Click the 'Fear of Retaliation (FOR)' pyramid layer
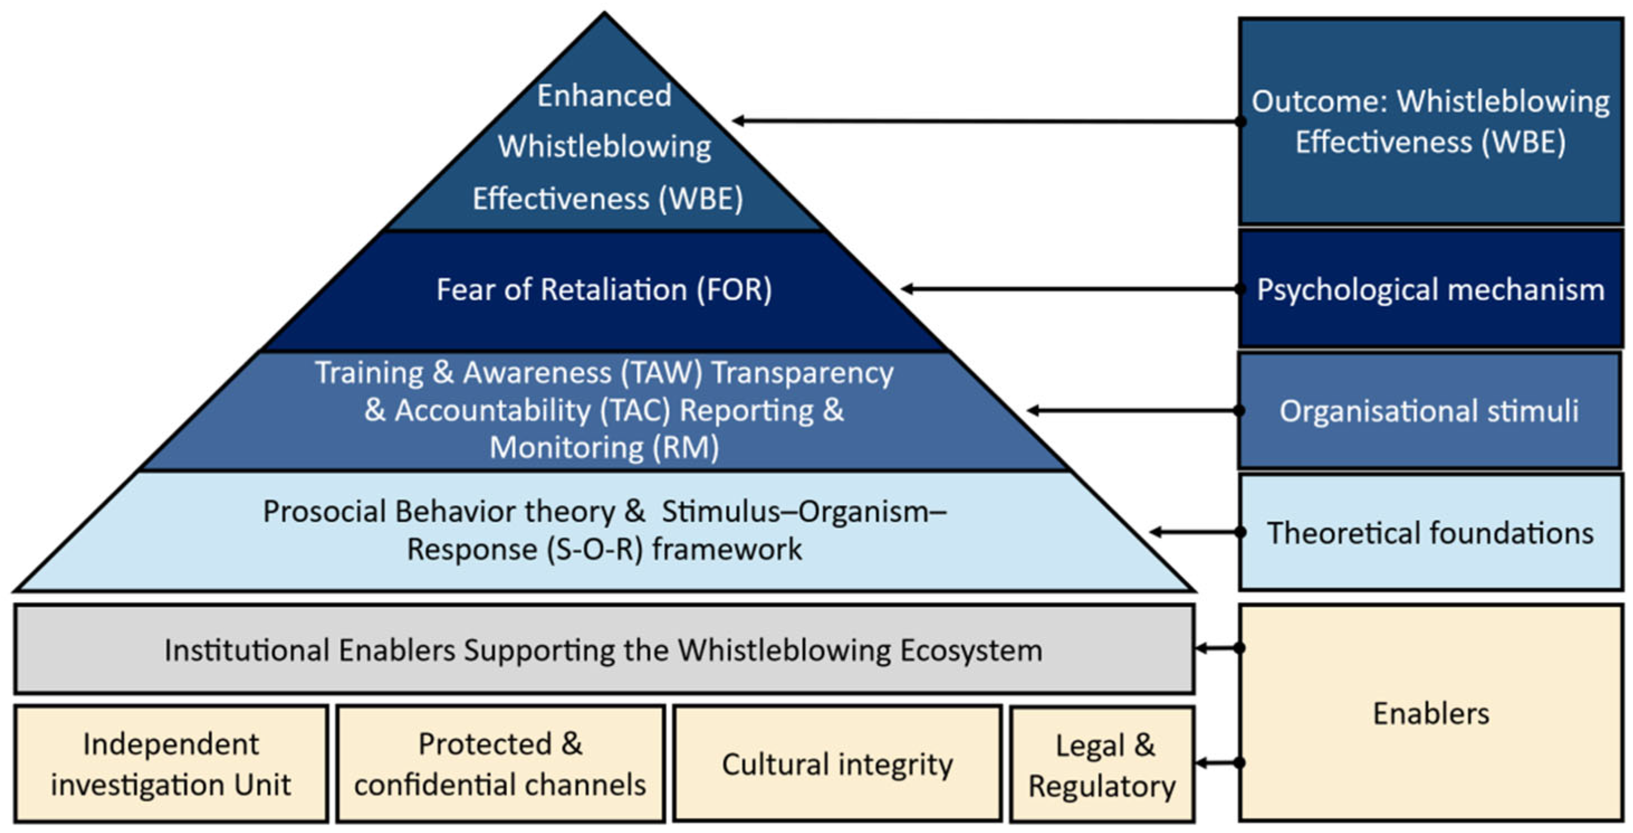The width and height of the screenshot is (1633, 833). pos(604,290)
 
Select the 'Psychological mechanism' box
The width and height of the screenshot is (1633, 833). pos(1430,289)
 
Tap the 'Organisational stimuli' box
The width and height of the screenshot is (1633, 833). pos(1429,411)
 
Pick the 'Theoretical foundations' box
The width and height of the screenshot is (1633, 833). pos(1430,533)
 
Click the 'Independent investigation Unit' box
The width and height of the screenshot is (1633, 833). pos(171,764)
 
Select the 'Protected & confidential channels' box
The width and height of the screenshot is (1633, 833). pos(500,764)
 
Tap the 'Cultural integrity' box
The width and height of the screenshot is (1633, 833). pos(837,764)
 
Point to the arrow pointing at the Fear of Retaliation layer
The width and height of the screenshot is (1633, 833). pos(1072,289)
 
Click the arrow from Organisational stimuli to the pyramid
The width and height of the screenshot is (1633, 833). pos(1135,411)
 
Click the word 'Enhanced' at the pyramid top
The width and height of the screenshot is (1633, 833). pos(604,95)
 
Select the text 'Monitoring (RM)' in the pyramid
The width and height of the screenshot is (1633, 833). pos(604,448)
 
